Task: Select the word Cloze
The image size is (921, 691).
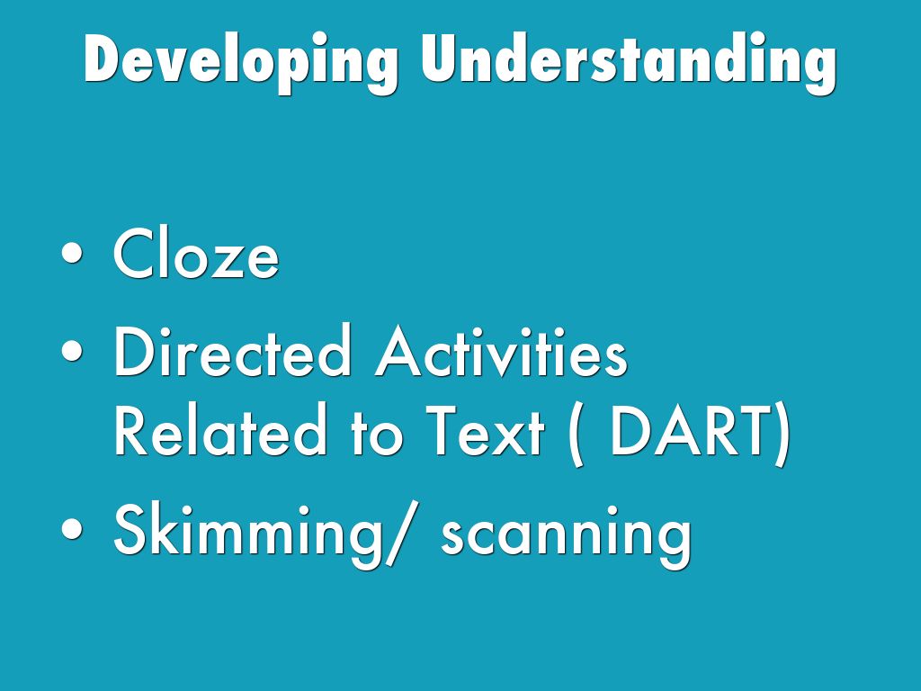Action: click(195, 253)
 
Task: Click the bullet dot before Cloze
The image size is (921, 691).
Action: click(72, 253)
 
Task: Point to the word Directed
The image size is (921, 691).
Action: click(232, 350)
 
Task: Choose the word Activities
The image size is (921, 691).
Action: click(501, 350)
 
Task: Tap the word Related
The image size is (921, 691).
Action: click(220, 429)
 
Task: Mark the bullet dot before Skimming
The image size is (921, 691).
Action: click(72, 528)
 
